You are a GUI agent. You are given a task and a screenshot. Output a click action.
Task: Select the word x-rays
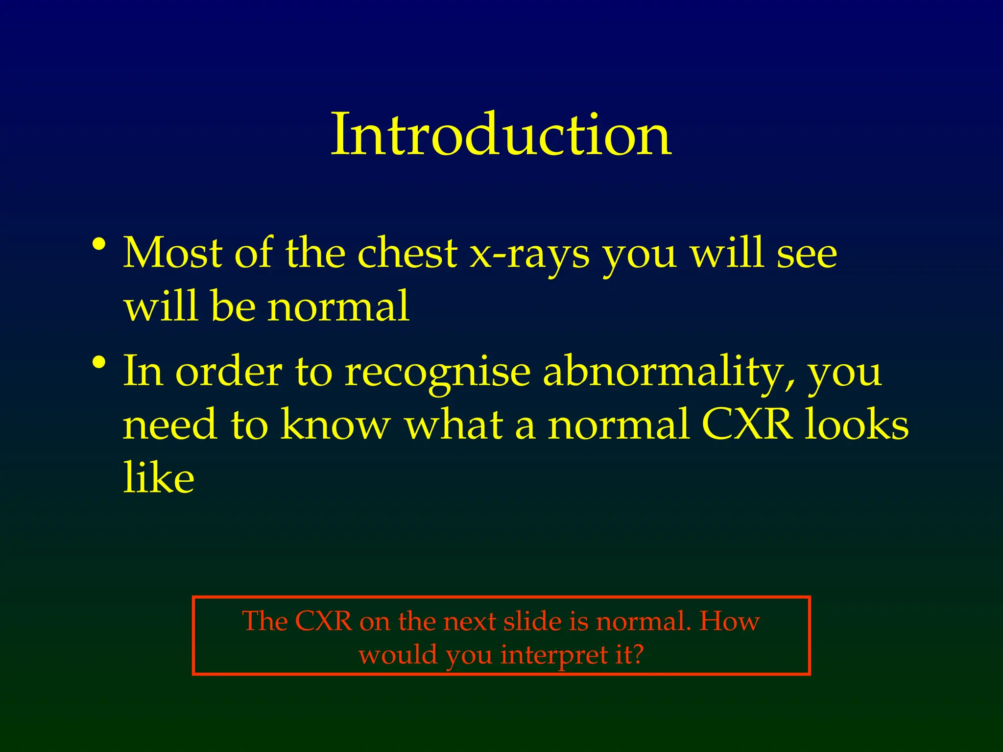pyautogui.click(x=529, y=255)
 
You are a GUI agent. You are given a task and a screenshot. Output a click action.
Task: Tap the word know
pyautogui.click(x=335, y=424)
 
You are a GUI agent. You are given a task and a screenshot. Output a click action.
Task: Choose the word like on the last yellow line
pyautogui.click(x=159, y=477)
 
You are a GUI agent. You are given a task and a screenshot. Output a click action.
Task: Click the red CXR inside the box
pyautogui.click(x=324, y=621)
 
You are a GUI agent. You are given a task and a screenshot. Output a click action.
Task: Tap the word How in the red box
pyautogui.click(x=729, y=621)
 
